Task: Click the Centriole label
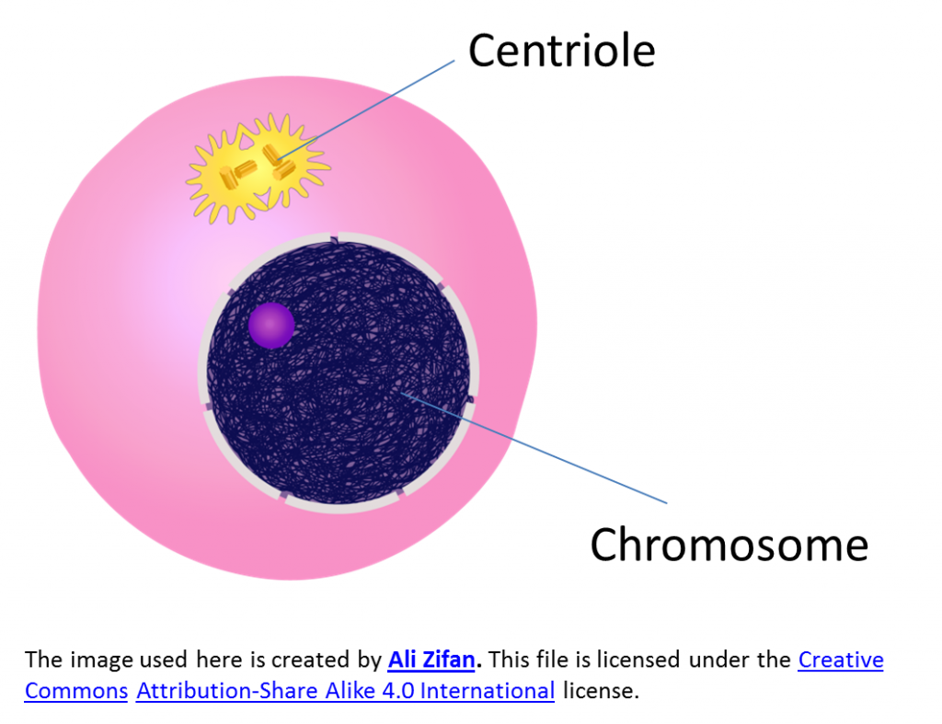(x=561, y=51)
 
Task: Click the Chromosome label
(x=729, y=545)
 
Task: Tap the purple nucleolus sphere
(x=271, y=326)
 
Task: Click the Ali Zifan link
(x=431, y=660)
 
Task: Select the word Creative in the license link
(x=841, y=660)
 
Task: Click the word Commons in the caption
(x=76, y=691)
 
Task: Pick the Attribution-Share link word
(x=227, y=691)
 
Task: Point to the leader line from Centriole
(x=366, y=109)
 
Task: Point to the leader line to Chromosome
(x=534, y=448)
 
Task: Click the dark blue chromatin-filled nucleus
(x=339, y=373)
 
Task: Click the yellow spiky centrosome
(x=258, y=168)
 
